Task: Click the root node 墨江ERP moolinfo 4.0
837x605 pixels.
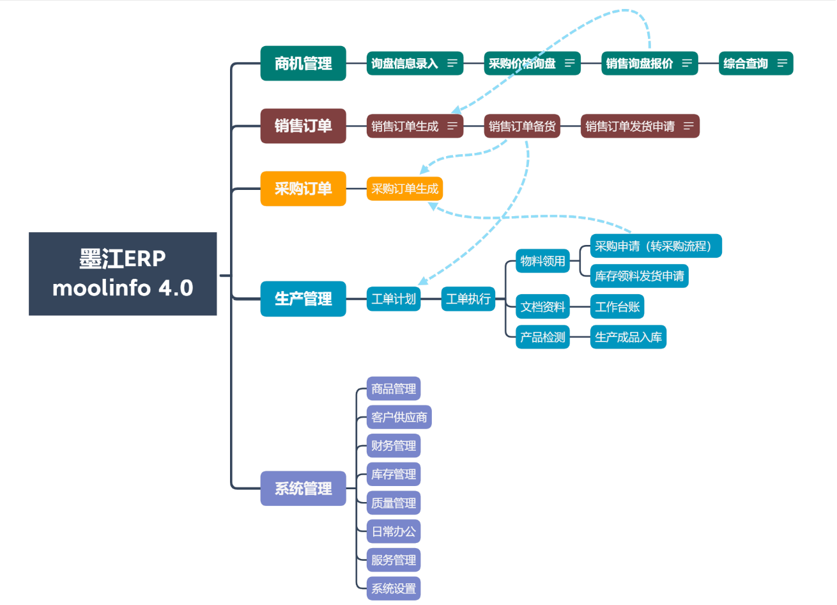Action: [123, 274]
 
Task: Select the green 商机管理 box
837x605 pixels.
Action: [303, 63]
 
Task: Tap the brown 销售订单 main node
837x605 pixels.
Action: [303, 126]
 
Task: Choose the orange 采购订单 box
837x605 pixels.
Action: [303, 189]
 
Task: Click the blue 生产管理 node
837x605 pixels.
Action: [303, 299]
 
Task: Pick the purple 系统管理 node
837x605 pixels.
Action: [303, 489]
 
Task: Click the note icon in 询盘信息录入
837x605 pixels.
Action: [453, 63]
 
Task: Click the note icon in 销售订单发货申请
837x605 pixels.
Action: [688, 126]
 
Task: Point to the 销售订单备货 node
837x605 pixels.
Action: [522, 126]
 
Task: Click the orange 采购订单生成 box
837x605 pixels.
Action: [404, 189]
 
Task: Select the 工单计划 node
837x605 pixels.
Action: [393, 299]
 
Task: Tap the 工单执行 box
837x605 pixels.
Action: [468, 299]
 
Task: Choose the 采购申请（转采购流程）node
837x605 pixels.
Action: [656, 246]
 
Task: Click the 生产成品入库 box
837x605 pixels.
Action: [627, 337]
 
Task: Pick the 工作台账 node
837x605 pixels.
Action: [617, 307]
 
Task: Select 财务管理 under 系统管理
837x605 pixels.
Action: [393, 446]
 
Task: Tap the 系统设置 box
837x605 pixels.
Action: [393, 588]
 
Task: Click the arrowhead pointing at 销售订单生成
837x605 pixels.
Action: [449, 113]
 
